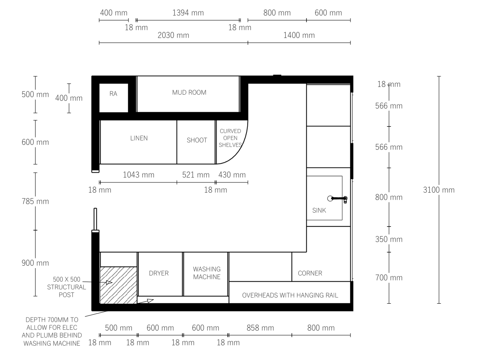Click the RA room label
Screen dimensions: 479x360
pyautogui.click(x=113, y=94)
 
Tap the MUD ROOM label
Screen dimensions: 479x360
pyautogui.click(x=189, y=92)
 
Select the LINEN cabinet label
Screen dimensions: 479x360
pyautogui.click(x=139, y=138)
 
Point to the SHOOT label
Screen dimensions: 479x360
pyautogui.click(x=197, y=140)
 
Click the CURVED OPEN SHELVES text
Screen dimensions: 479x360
pyautogui.click(x=231, y=138)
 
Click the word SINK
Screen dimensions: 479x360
pyautogui.click(x=319, y=210)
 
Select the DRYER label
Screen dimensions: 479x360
pyautogui.click(x=159, y=273)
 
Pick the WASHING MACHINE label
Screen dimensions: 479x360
pyautogui.click(x=207, y=273)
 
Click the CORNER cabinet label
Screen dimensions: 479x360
pyautogui.click(x=310, y=273)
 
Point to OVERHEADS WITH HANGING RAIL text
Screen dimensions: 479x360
pyautogui.click(x=290, y=295)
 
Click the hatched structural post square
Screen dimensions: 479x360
pyautogui.click(x=119, y=285)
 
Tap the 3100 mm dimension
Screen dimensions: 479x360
pyautogui.click(x=439, y=190)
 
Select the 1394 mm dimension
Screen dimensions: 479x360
pyautogui.click(x=188, y=13)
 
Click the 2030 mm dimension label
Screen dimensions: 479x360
pyautogui.click(x=173, y=35)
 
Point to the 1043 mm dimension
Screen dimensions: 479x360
pyautogui.click(x=138, y=175)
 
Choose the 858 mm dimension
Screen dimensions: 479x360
pyautogui.click(x=260, y=328)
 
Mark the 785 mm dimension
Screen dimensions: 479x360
pyautogui.click(x=35, y=201)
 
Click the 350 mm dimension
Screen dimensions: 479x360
pyautogui.click(x=388, y=239)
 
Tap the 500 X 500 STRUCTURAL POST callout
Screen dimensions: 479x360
pyautogui.click(x=67, y=287)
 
